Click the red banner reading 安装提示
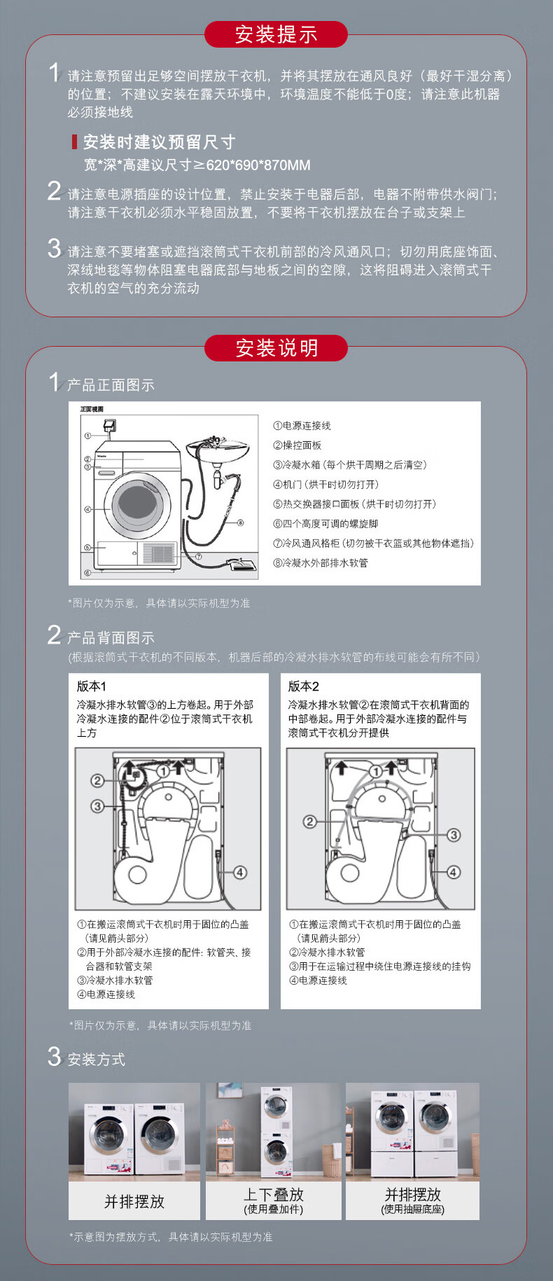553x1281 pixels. coord(276,34)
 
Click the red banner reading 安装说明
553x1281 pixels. coord(276,348)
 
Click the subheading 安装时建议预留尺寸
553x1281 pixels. coord(159,142)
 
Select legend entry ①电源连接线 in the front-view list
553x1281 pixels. coord(302,426)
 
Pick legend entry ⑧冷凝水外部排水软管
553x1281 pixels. coord(321,563)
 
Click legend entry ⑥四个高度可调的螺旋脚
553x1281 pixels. coord(325,524)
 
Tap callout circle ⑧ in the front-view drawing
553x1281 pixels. coord(241,522)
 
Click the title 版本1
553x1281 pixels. coord(92,686)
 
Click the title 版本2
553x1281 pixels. coord(304,686)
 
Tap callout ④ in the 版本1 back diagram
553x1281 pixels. coord(240,872)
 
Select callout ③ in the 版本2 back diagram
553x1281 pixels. coord(454,835)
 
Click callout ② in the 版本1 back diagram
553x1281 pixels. coord(97,780)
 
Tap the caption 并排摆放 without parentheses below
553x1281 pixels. coord(134,1202)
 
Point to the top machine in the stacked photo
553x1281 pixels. coord(276,1107)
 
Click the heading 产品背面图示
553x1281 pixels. coord(111,638)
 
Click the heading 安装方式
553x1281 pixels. coord(97,1060)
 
